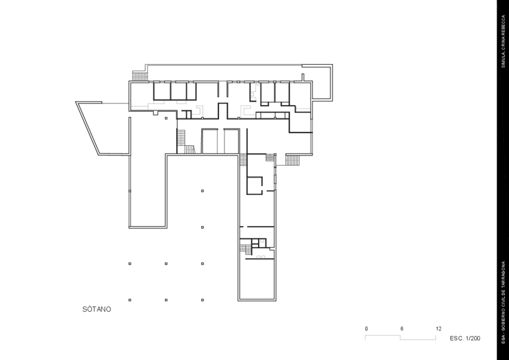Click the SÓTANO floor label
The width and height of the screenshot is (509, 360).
tap(97, 310)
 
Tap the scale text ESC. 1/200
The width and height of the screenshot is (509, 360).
tap(465, 338)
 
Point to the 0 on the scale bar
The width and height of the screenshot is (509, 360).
tap(367, 329)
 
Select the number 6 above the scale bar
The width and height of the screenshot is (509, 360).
tap(402, 329)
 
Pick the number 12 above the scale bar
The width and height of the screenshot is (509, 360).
tap(439, 329)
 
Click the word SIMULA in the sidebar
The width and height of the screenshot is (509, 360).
tap(503, 59)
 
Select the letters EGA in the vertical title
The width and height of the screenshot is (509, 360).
tap(503, 338)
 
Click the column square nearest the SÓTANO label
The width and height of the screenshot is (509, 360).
tap(130, 300)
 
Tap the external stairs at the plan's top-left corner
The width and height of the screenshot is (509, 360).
tap(140, 77)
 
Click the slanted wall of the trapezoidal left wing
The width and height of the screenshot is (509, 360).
tap(87, 128)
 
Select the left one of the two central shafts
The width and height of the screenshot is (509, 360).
tap(209, 141)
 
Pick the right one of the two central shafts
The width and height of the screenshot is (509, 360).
tap(232, 141)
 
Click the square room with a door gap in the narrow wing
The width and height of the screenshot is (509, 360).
tap(254, 185)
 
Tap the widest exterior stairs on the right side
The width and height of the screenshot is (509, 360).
tap(292, 160)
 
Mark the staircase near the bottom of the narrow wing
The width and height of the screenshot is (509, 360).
tap(245, 250)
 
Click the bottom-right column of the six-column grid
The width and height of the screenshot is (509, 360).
tap(202, 300)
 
